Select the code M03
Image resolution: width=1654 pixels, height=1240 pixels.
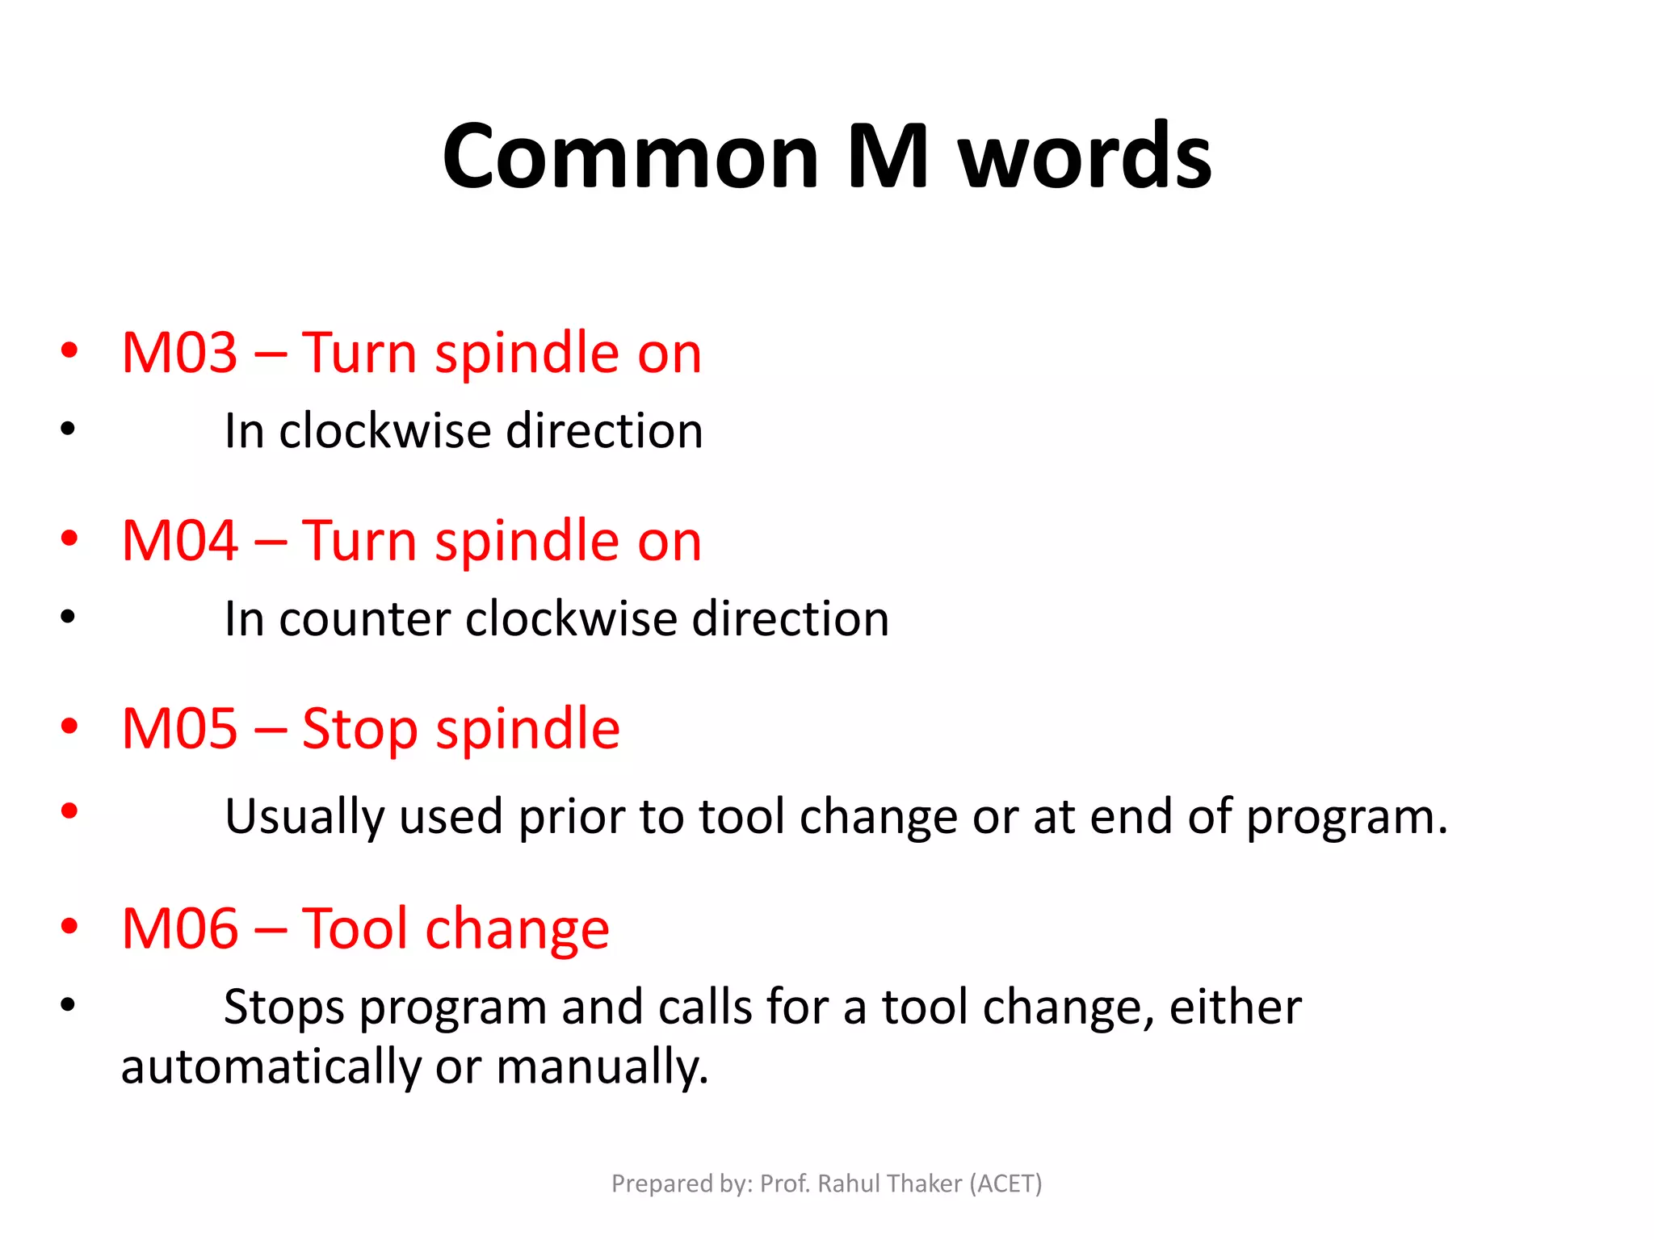[179, 353]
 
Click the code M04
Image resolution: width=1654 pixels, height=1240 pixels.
[179, 541]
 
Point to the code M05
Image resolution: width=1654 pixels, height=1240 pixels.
[179, 729]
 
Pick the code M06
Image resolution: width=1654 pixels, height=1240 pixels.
[179, 928]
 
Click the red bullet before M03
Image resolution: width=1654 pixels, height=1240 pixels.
[69, 350]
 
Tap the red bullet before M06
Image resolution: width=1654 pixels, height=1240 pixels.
[69, 926]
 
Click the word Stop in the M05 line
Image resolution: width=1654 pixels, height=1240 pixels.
[359, 729]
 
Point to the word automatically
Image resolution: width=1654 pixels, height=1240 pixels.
[271, 1067]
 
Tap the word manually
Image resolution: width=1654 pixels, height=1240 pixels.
[602, 1067]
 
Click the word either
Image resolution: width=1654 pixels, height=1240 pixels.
[1235, 1007]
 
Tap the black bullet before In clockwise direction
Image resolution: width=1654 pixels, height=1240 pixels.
[68, 429]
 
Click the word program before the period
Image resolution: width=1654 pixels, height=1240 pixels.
[1340, 817]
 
